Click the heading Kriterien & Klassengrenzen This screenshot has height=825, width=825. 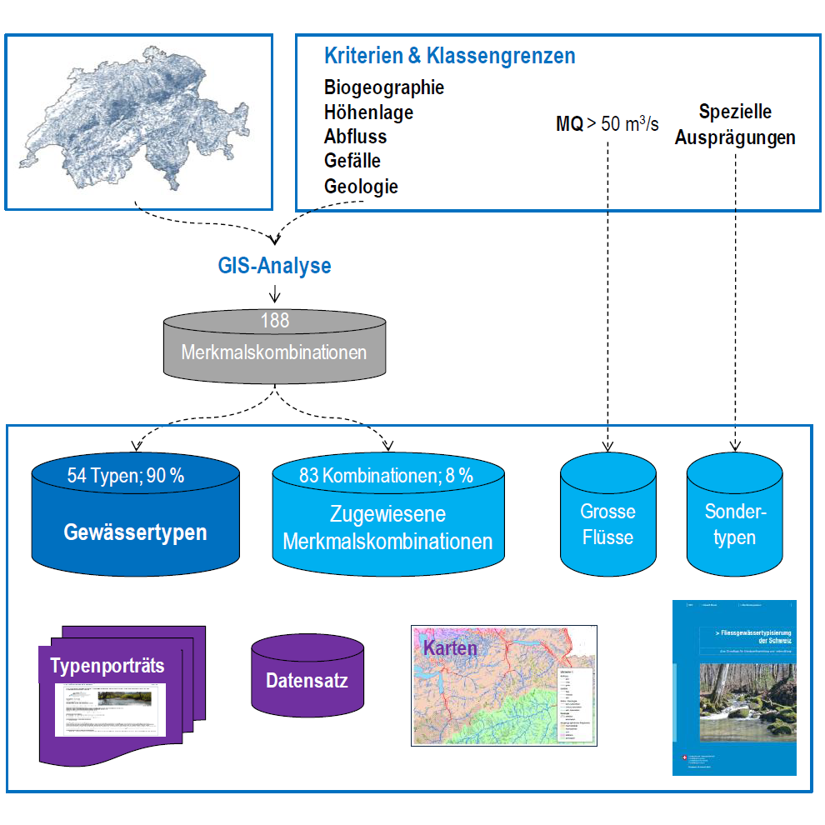coord(449,57)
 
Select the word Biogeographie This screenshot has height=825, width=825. coord(384,87)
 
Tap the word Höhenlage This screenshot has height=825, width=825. coord(368,112)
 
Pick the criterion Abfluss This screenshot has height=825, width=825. coord(356,137)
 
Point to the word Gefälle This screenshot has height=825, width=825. coord(352,161)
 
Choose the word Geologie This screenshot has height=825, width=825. coord(361,186)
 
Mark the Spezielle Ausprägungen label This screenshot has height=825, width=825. coord(735,125)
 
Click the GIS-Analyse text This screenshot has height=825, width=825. coord(274,266)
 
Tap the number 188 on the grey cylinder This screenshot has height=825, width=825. coord(274,319)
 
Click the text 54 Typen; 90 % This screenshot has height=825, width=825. coord(126,476)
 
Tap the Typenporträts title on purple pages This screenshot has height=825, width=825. coord(107,666)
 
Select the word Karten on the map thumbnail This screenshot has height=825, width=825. coord(450,647)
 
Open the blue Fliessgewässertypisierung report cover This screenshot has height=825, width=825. coord(734,687)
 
